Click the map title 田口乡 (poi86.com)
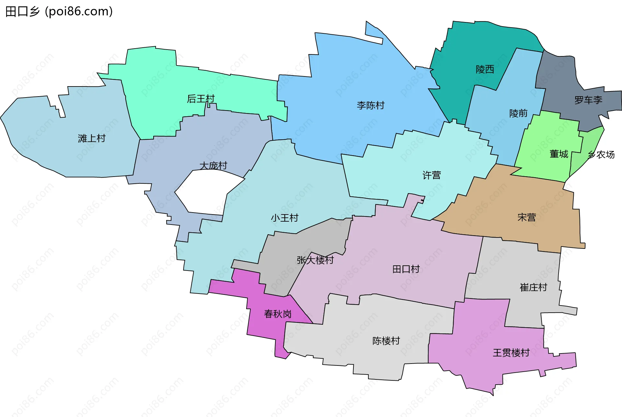(59, 11)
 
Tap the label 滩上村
(92, 138)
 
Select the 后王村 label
(201, 98)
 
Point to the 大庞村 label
(213, 166)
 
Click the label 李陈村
(371, 105)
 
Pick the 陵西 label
(485, 69)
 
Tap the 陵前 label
(518, 113)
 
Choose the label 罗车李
(588, 100)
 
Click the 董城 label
(559, 154)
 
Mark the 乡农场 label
(601, 155)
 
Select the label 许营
(432, 175)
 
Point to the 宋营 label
(526, 217)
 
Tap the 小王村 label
(284, 218)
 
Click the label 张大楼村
(315, 260)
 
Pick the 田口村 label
(406, 269)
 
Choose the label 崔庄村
(533, 287)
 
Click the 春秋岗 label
(278, 314)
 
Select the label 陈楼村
(386, 341)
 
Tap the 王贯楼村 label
(511, 353)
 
